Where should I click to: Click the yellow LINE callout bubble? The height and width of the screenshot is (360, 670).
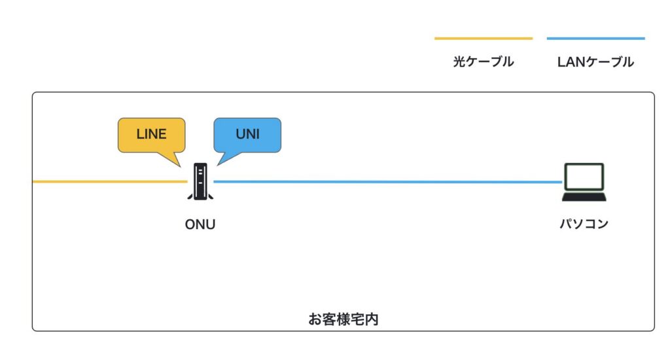click(x=151, y=135)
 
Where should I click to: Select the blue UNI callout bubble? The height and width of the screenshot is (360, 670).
click(x=247, y=135)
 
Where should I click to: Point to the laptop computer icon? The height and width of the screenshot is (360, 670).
click(x=584, y=182)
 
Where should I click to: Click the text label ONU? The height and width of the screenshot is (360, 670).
click(x=200, y=225)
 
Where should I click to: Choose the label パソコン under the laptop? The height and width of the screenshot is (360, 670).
click(x=584, y=224)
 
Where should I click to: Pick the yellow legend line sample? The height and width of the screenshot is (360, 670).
click(x=483, y=39)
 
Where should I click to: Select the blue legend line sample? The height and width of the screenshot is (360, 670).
click(x=595, y=39)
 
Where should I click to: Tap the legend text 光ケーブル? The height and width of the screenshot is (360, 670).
click(x=483, y=62)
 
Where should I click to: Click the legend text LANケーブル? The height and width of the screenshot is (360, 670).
click(x=595, y=62)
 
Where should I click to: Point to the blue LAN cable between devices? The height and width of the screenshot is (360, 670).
click(x=386, y=181)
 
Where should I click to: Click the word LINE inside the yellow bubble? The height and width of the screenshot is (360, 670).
click(x=151, y=134)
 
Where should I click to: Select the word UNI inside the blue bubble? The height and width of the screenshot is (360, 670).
click(x=247, y=134)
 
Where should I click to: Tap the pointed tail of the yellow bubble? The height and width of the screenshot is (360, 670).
click(x=177, y=159)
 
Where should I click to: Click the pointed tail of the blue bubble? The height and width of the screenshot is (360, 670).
click(x=221, y=159)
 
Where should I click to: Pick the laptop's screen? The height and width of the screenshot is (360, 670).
click(x=584, y=175)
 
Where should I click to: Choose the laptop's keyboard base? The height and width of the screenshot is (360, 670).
click(x=584, y=196)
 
